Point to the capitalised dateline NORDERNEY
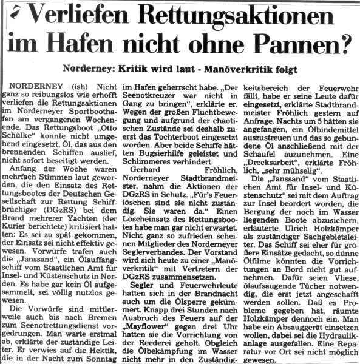pos(43,87)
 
